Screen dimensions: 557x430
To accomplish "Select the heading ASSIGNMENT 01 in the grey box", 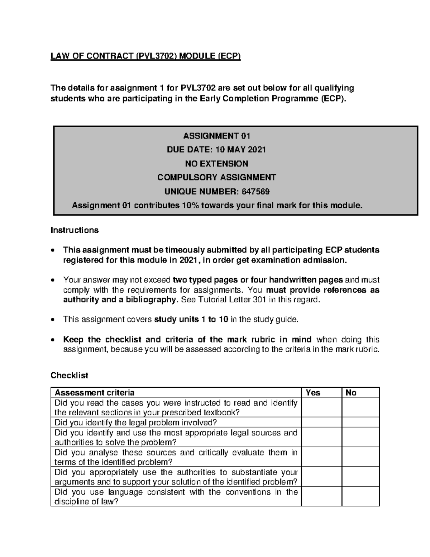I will tap(216, 136).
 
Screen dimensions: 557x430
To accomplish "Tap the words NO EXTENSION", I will tap(216, 164).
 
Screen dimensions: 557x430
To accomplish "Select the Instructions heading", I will tap(75, 230).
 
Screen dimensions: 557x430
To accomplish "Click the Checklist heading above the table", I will tap(69, 376).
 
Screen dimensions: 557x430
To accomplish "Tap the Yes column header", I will tap(313, 393).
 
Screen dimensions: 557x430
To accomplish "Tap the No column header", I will tap(351, 393).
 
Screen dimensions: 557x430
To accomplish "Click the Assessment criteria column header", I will tap(95, 393).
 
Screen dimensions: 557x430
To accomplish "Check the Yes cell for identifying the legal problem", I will tap(321, 422).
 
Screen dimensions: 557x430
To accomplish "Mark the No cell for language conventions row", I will tap(360, 496).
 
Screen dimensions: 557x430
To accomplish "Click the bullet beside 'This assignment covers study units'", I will tap(53, 320).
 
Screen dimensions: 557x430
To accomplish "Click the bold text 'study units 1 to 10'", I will tap(191, 319).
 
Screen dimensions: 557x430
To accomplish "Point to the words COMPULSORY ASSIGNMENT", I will tap(216, 178).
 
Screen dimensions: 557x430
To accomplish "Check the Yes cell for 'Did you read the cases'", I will tap(321, 407).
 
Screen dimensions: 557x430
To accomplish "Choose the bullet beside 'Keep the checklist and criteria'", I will tap(53, 340).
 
